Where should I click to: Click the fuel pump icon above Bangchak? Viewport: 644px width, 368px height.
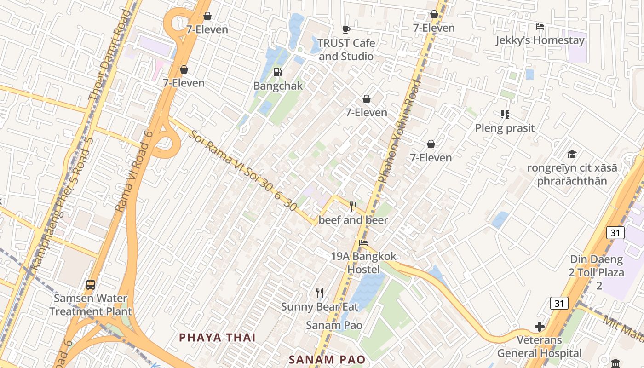[277, 72]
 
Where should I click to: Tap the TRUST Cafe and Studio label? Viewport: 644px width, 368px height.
[346, 50]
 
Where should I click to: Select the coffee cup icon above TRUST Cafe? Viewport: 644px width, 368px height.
[346, 30]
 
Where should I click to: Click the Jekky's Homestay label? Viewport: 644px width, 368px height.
[540, 40]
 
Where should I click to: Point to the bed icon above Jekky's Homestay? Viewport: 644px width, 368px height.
[540, 27]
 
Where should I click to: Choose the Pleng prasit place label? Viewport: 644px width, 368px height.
[505, 128]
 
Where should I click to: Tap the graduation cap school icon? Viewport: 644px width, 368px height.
[572, 154]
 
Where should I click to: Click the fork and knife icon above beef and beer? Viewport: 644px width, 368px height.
[353, 207]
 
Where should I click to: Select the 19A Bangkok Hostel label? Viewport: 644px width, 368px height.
[363, 263]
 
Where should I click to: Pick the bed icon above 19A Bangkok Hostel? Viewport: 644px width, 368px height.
[363, 242]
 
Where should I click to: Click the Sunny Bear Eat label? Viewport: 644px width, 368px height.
[320, 306]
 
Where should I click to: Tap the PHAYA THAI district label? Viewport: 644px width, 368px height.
[217, 337]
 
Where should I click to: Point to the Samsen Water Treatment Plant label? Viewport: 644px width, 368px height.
[91, 305]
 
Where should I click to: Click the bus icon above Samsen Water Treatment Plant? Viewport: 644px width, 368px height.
[91, 284]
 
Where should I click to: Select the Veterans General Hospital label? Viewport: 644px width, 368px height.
[539, 347]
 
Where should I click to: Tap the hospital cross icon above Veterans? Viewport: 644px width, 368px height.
[539, 327]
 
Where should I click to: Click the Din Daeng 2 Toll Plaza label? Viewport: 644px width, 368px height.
[597, 272]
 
